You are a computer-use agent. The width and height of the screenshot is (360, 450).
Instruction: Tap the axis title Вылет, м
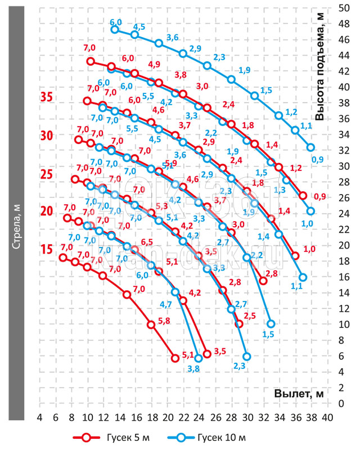pos(299,393)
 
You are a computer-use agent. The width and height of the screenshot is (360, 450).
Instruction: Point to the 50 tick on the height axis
pos(343,8)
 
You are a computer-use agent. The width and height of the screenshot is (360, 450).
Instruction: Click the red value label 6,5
pos(147,242)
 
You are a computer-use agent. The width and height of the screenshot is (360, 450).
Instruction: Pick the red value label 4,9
pos(154,64)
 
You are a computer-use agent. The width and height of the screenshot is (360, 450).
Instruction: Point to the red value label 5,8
pos(164,321)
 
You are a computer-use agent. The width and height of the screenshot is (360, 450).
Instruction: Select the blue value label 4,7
pos(166,304)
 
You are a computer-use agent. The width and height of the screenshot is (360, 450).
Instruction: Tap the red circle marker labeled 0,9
pos(303,196)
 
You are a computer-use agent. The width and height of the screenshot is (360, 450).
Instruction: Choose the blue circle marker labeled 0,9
pos(311,147)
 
